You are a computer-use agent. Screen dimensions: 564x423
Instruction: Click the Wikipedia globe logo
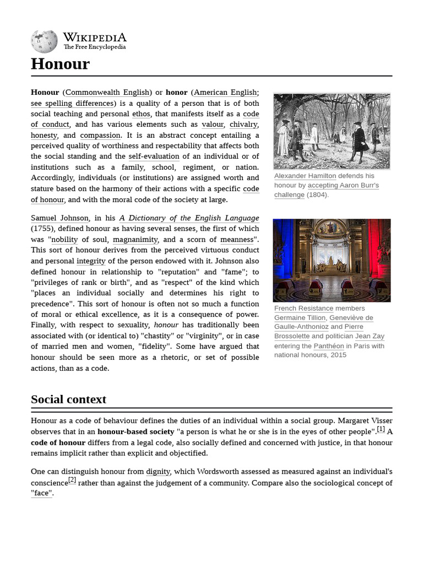44,41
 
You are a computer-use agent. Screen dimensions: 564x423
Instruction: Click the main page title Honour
60,64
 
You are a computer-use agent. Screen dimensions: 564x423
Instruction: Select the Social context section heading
68,399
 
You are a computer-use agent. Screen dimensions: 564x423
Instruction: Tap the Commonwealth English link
107,93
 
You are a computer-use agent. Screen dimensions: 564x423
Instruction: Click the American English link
225,93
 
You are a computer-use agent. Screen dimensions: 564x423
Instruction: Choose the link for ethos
140,114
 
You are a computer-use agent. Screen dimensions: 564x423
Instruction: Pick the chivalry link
243,124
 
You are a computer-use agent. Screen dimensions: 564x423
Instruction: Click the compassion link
100,135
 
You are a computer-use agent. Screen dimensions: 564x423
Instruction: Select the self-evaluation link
154,156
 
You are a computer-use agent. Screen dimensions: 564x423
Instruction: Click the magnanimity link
135,240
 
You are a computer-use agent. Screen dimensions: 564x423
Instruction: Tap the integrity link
91,261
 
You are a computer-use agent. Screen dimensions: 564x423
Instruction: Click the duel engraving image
332,131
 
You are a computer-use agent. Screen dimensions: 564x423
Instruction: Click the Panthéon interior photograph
332,260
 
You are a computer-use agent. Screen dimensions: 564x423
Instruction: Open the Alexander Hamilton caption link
305,176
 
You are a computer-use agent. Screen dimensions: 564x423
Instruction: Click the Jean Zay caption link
370,336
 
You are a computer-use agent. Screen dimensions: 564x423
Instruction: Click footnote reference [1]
381,430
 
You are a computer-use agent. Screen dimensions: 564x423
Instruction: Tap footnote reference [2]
72,480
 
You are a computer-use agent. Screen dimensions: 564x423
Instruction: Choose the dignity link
158,472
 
